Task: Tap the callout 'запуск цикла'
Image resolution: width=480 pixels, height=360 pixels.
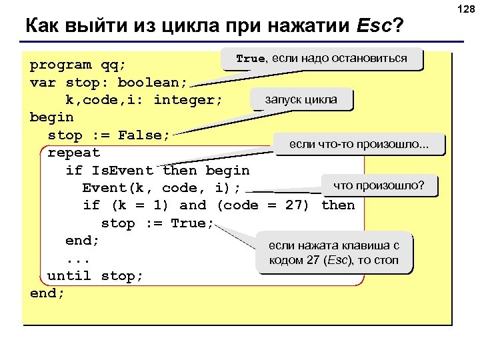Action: click(301, 100)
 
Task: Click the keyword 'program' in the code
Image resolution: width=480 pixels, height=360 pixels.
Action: click(61, 65)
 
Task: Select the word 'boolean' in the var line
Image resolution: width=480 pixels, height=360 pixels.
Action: click(153, 83)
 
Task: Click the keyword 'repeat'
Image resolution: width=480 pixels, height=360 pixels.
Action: click(73, 153)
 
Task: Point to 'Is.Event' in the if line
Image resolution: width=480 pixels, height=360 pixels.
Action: click(122, 170)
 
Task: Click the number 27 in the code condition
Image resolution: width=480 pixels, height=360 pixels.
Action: click(293, 205)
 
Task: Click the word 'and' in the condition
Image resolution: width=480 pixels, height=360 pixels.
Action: click(193, 205)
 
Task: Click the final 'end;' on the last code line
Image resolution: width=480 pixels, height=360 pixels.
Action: click(47, 293)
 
